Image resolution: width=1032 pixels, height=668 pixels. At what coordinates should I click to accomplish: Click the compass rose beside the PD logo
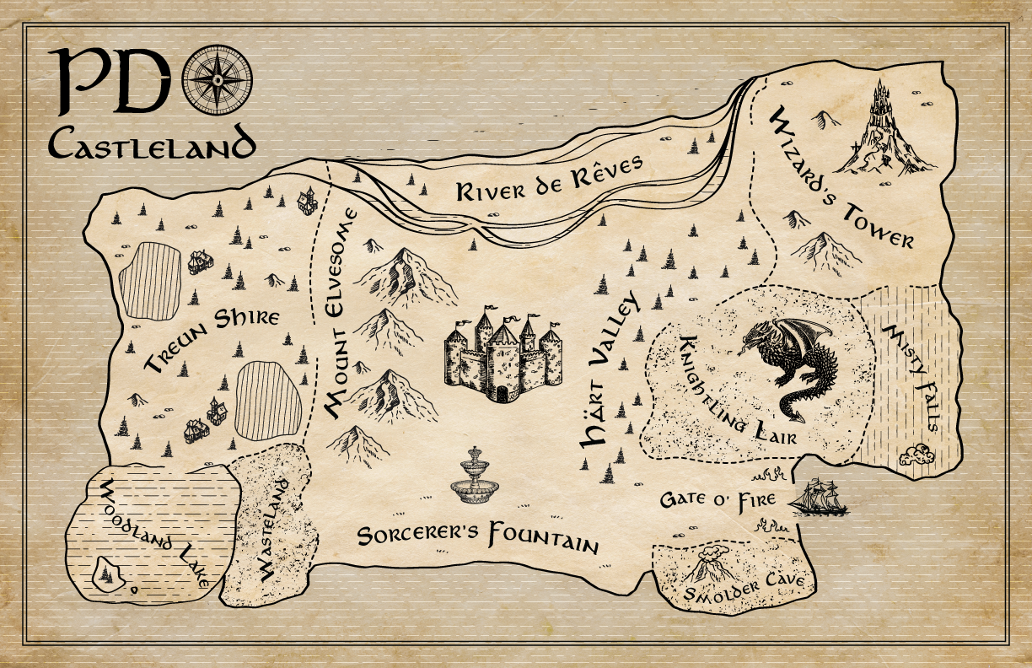[x=217, y=79]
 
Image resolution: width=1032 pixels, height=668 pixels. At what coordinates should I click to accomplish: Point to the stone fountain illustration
[x=474, y=478]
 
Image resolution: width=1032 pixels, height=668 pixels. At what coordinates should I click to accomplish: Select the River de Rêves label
[x=550, y=178]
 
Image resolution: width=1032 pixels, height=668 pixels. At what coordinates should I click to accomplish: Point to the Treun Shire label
[x=211, y=340]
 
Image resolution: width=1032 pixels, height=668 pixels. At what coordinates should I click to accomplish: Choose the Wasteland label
[x=277, y=530]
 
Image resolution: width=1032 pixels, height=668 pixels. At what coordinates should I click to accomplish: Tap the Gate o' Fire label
[x=717, y=499]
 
